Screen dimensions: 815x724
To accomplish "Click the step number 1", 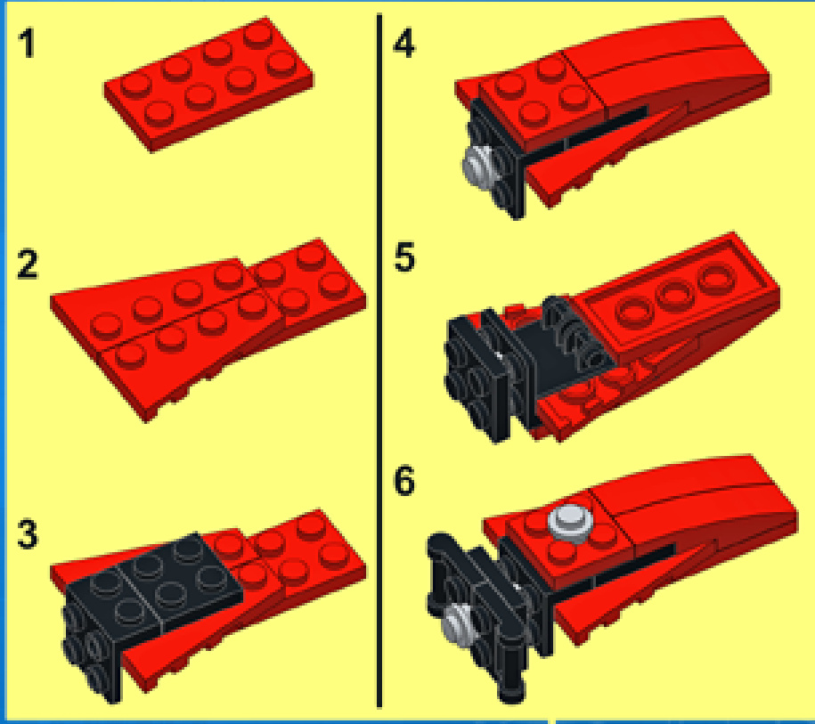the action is pos(27,44).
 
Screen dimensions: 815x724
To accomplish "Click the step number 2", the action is pos(27,264).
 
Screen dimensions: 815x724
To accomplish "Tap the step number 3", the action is pos(27,533).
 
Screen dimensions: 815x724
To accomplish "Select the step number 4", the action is pos(403,44).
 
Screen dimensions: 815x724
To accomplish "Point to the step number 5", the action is pos(404,256).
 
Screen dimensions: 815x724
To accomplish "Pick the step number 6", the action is pos(403,481).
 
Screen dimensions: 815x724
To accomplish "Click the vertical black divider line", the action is pos(379,360).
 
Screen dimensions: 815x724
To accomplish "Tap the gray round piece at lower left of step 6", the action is pos(459,623).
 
